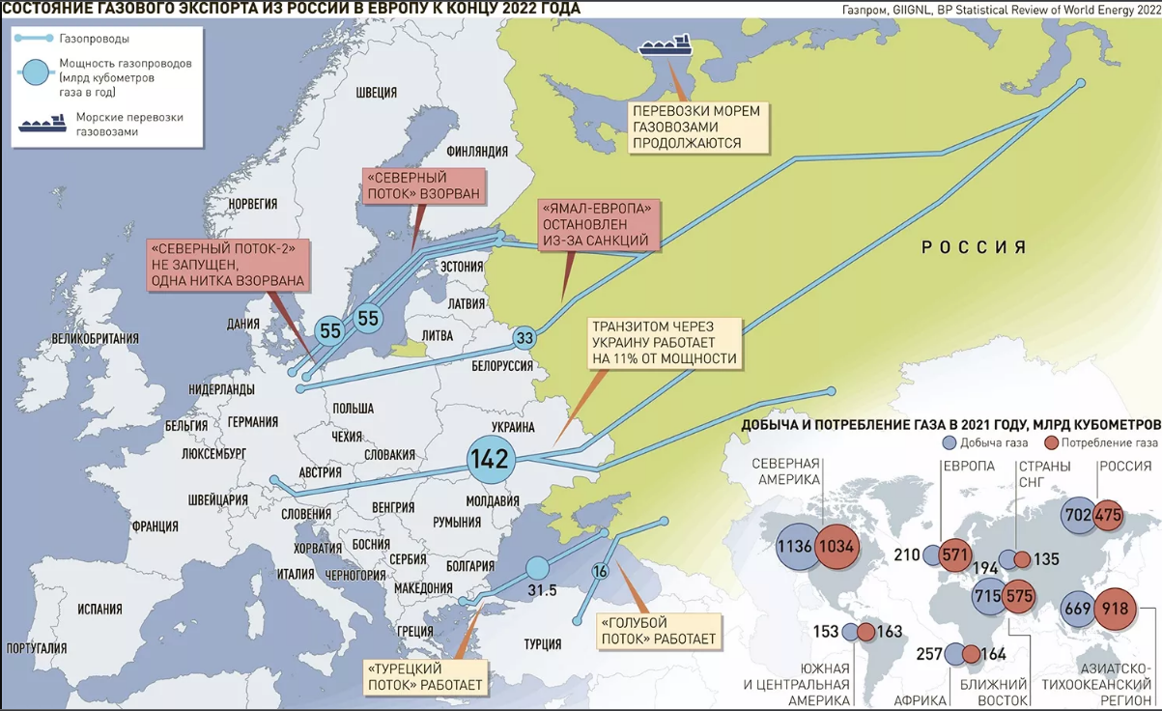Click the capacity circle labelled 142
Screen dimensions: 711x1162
[489, 460]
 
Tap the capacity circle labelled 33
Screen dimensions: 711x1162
[524, 339]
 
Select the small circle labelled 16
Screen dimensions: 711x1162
[600, 571]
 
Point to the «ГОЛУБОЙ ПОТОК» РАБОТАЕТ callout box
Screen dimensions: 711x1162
[659, 631]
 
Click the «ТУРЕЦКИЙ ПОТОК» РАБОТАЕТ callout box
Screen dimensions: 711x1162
[424, 676]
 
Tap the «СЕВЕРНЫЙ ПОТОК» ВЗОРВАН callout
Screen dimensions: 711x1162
[422, 185]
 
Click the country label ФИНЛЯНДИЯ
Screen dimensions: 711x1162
[477, 152]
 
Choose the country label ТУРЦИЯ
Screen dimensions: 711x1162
[542, 643]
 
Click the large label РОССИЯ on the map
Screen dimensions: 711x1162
[973, 247]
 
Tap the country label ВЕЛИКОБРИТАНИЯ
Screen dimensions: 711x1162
[96, 339]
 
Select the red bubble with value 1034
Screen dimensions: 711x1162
[836, 547]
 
